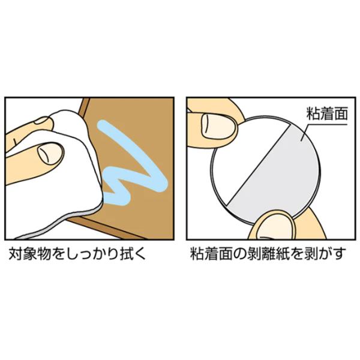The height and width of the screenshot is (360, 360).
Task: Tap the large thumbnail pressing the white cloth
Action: pos(50,154)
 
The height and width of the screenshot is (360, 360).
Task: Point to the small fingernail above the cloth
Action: pos(42,121)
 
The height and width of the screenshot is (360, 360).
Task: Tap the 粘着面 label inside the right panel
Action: pos(327,113)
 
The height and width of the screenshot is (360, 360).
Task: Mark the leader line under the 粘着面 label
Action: pos(322,127)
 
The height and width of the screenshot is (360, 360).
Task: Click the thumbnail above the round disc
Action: pos(218,127)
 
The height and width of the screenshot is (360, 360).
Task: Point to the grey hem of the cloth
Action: pos(58,222)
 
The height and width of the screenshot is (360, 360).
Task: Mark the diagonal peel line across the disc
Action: pos(259,164)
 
